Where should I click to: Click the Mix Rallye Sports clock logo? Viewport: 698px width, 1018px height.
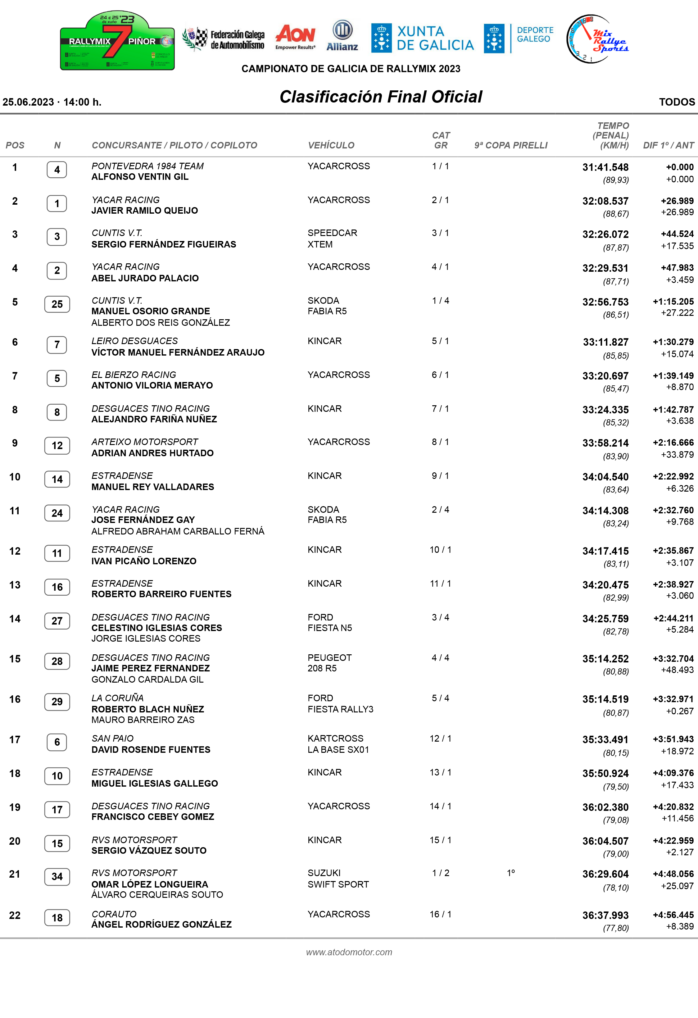[x=596, y=39]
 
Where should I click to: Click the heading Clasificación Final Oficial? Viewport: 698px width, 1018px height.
[x=381, y=97]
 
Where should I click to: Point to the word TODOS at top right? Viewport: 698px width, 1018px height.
[x=677, y=102]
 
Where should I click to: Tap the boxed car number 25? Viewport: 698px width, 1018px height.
[x=57, y=304]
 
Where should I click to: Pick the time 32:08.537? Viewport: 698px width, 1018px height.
[x=605, y=201]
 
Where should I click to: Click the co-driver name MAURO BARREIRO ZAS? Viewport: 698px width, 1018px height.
[x=143, y=720]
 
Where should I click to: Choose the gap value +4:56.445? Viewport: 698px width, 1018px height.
[x=673, y=915]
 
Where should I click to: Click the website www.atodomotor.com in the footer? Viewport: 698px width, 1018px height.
[x=349, y=952]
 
